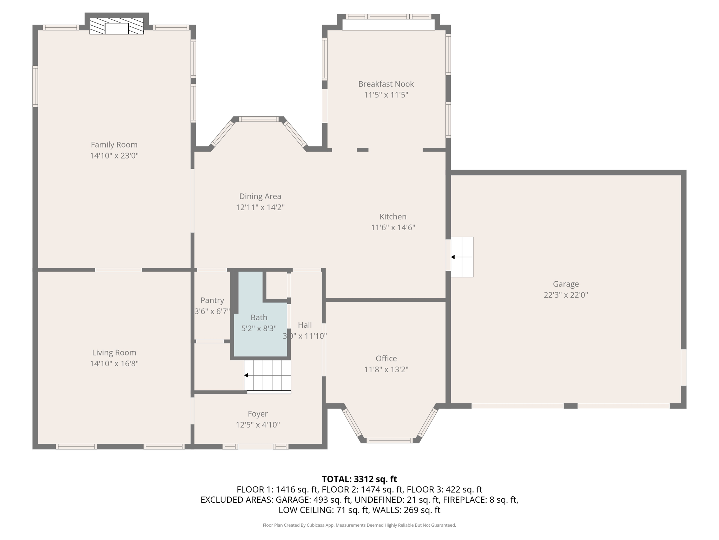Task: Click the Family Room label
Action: [x=114, y=144]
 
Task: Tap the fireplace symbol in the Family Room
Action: [x=117, y=26]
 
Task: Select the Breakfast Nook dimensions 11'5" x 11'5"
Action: [x=386, y=95]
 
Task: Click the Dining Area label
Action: [x=260, y=196]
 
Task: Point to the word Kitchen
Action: [x=393, y=217]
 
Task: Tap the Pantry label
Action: [x=212, y=300]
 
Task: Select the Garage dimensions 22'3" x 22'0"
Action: [x=566, y=295]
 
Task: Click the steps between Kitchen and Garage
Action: [x=462, y=257]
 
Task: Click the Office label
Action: [x=386, y=358]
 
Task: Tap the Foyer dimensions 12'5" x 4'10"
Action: [x=258, y=425]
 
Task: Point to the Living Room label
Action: [x=114, y=352]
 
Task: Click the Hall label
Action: [x=305, y=325]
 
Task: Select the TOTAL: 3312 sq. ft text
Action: [x=359, y=479]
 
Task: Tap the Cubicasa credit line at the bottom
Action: [x=359, y=525]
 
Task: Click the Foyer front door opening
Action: [x=256, y=446]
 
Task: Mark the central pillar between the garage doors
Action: [x=570, y=406]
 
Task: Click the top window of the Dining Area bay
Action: [x=259, y=119]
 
